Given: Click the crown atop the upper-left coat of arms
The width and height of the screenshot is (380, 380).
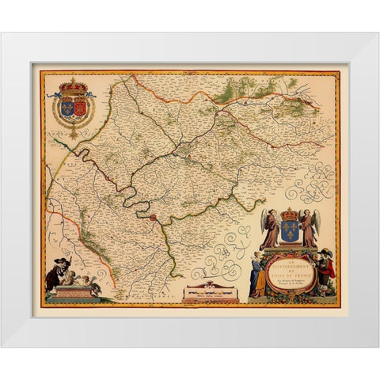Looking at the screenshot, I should click(73, 83).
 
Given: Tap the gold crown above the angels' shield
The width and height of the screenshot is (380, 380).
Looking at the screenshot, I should click(290, 215).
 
